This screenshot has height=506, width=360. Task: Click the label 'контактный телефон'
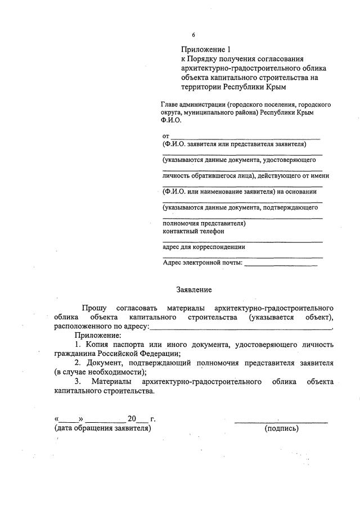[x=193, y=231]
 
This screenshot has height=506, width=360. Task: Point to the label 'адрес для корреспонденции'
[x=204, y=247]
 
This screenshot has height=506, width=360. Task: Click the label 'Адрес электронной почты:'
[x=202, y=263]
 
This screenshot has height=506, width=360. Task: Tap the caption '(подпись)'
[x=281, y=428]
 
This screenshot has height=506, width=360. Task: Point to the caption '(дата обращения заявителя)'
[x=103, y=428]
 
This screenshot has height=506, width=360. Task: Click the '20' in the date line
[x=132, y=419]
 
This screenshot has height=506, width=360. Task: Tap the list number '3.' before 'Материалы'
[x=78, y=382]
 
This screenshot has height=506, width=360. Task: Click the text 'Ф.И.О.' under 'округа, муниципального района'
[x=172, y=120]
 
